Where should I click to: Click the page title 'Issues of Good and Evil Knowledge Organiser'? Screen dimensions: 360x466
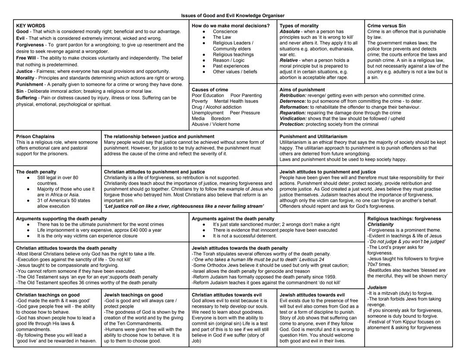pyautogui.click(x=233, y=16)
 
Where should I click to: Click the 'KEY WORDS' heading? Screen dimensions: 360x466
pyautogui.click(x=30, y=26)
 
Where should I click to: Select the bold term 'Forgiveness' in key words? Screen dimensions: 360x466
pyautogui.click(x=30, y=45)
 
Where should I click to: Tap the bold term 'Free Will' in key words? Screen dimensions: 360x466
pyautogui.click(x=26, y=58)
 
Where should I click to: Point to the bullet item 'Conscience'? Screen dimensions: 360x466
pyautogui.click(x=225, y=32)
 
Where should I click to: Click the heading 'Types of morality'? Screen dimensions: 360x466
pyautogui.click(x=299, y=26)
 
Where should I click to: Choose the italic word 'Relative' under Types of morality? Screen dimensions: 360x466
pyautogui.click(x=289, y=60)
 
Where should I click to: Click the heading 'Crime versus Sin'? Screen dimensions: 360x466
pyautogui.click(x=387, y=26)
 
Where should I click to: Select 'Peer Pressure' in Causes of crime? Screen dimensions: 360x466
pyautogui.click(x=245, y=113)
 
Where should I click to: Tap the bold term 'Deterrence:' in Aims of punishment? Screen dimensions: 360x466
pyautogui.click(x=293, y=101)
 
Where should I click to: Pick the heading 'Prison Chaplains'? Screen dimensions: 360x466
pyautogui.click(x=35, y=136)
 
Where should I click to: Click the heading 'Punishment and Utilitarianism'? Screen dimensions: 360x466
pyautogui.click(x=313, y=136)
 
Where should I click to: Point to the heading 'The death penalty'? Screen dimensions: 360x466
pyautogui.click(x=36, y=172)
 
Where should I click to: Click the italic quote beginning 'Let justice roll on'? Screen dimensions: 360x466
pyautogui.click(x=184, y=206)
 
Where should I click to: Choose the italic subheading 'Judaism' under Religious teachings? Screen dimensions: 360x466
pyautogui.click(x=377, y=287)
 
